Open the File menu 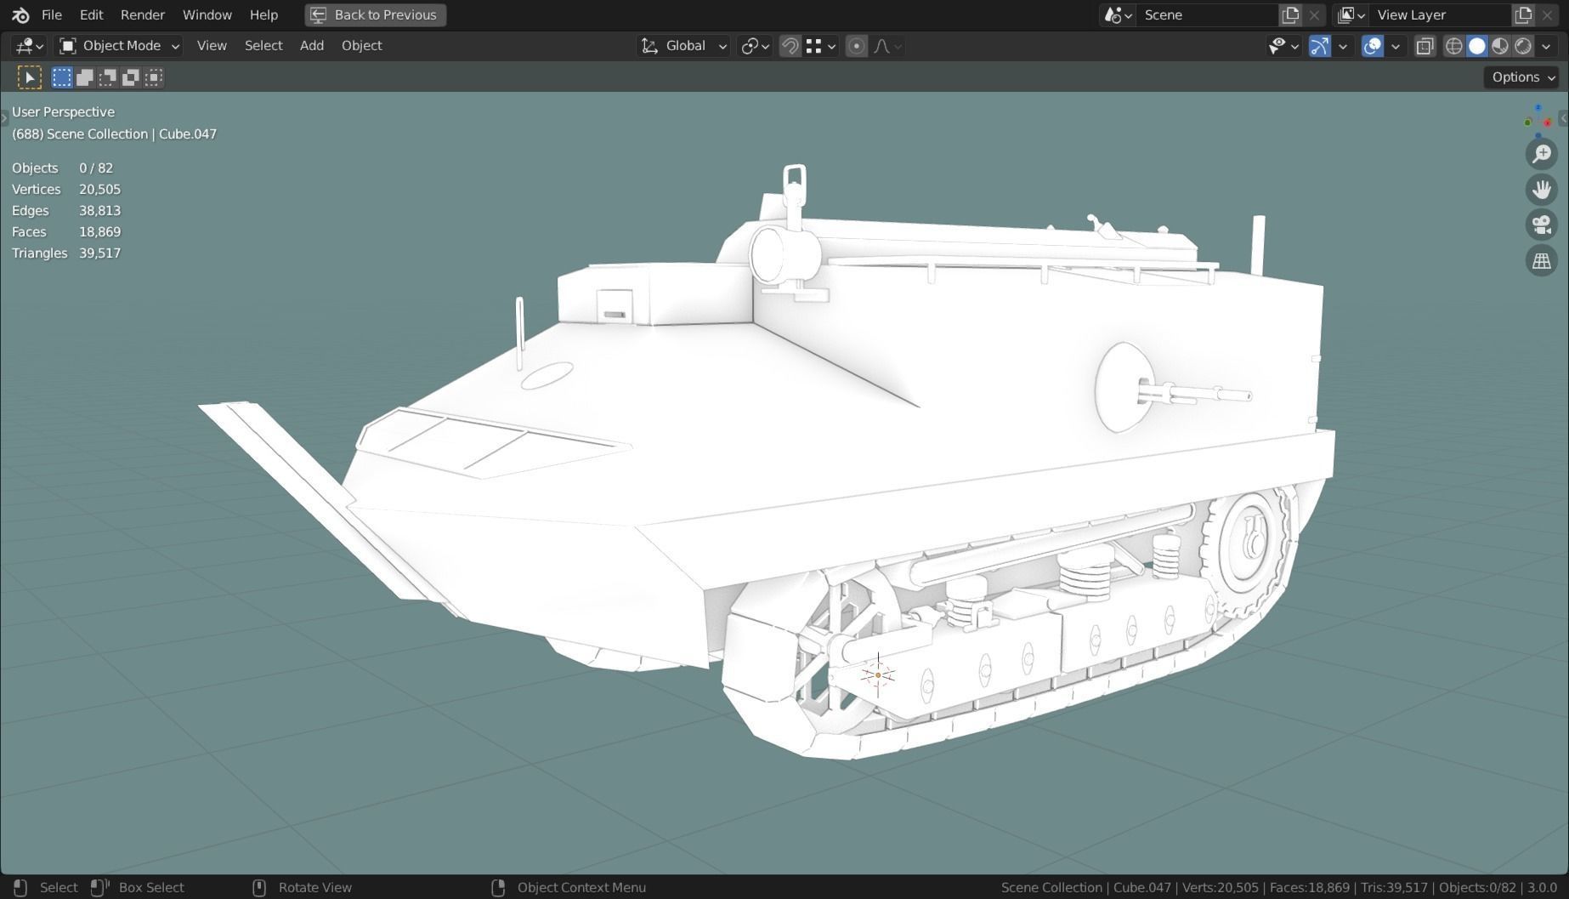51,14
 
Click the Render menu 142,14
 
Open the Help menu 263,14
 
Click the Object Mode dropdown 119,46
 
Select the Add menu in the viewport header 311,46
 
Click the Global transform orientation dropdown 684,46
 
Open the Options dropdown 1522,77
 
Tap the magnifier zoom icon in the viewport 1541,154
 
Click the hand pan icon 1541,190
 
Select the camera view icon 1541,225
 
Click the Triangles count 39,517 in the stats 99,253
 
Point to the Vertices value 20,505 99,189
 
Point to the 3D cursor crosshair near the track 878,675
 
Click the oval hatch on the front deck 547,375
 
